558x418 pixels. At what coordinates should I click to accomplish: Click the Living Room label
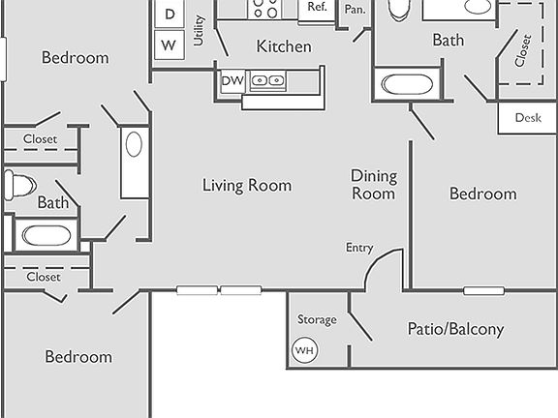[x=246, y=185]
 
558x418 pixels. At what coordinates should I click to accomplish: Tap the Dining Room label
[x=373, y=184]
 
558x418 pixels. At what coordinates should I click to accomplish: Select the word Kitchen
[x=284, y=46]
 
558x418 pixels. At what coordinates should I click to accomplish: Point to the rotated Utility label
[x=199, y=31]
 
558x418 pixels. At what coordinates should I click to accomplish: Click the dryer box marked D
[x=170, y=14]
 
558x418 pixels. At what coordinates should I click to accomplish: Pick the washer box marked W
[x=170, y=45]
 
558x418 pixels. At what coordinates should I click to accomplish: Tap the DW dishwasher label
[x=232, y=81]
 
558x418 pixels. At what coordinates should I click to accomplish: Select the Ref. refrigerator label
[x=317, y=7]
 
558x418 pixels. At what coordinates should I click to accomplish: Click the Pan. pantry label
[x=354, y=9]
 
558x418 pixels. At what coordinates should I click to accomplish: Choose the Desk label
[x=527, y=118]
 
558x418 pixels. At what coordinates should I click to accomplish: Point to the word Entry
[x=359, y=248]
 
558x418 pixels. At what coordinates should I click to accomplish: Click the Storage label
[x=317, y=319]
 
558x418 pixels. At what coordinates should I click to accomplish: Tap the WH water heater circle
[x=304, y=350]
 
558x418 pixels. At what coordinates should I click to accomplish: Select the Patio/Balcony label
[x=454, y=329]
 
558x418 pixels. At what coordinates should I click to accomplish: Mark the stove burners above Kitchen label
[x=264, y=9]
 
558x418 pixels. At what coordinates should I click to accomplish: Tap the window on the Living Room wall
[x=219, y=289]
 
